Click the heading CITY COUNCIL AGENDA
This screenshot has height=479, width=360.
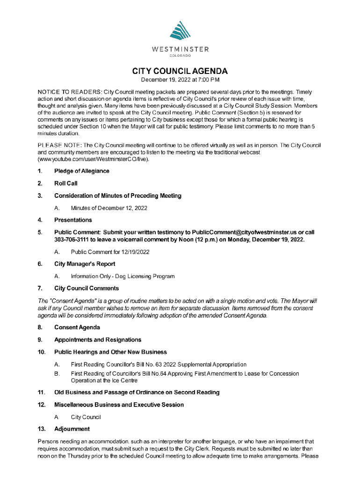pos(180,72)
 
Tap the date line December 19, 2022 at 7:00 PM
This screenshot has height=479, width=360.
pos(180,81)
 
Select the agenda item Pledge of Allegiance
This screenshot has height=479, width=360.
pos(82,171)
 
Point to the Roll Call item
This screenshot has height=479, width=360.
pos(66,183)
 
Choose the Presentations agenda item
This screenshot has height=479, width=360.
pos(73,220)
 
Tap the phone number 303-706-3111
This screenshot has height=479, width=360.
pos(71,239)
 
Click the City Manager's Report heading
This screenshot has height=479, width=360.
pos(85,264)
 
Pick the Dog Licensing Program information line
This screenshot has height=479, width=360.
pos(122,276)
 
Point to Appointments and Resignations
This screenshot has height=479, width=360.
pos(98,340)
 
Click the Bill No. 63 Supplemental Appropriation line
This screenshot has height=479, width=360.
pos(158,364)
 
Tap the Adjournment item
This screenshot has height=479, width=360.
pos(72,429)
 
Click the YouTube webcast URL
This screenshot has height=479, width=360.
pos(93,159)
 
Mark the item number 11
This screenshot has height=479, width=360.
pos(41,392)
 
